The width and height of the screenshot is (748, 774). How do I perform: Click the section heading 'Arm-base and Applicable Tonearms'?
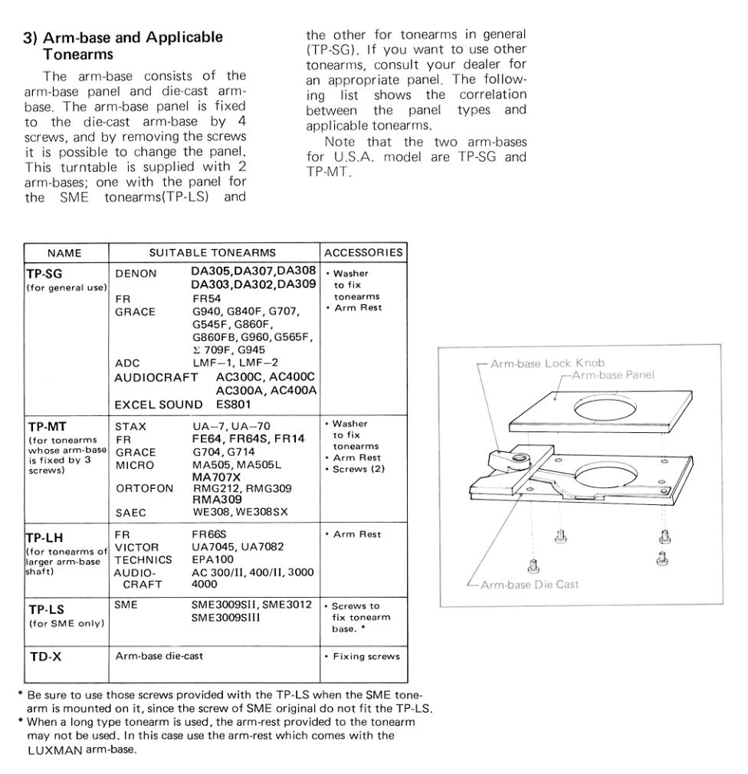123,45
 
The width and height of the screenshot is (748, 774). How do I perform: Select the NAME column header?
64,253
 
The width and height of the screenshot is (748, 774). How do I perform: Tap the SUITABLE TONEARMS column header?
212,253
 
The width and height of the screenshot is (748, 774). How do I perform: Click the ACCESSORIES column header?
363,253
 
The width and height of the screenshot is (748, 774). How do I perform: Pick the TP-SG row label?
44,274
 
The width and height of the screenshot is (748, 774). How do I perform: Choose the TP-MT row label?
46,427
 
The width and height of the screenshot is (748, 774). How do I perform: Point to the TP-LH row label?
44,538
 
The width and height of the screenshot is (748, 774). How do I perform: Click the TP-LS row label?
44,610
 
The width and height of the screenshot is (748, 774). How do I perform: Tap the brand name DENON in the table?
136,274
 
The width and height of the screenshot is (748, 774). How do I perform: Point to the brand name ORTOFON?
143,488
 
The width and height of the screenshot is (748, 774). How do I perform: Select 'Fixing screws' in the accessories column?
366,657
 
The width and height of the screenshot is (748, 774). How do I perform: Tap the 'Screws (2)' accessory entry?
358,469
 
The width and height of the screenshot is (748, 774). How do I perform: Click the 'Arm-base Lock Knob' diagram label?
548,362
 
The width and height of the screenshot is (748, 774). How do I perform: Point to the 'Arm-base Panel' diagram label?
613,375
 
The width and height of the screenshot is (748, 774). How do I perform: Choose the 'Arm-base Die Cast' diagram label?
529,585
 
